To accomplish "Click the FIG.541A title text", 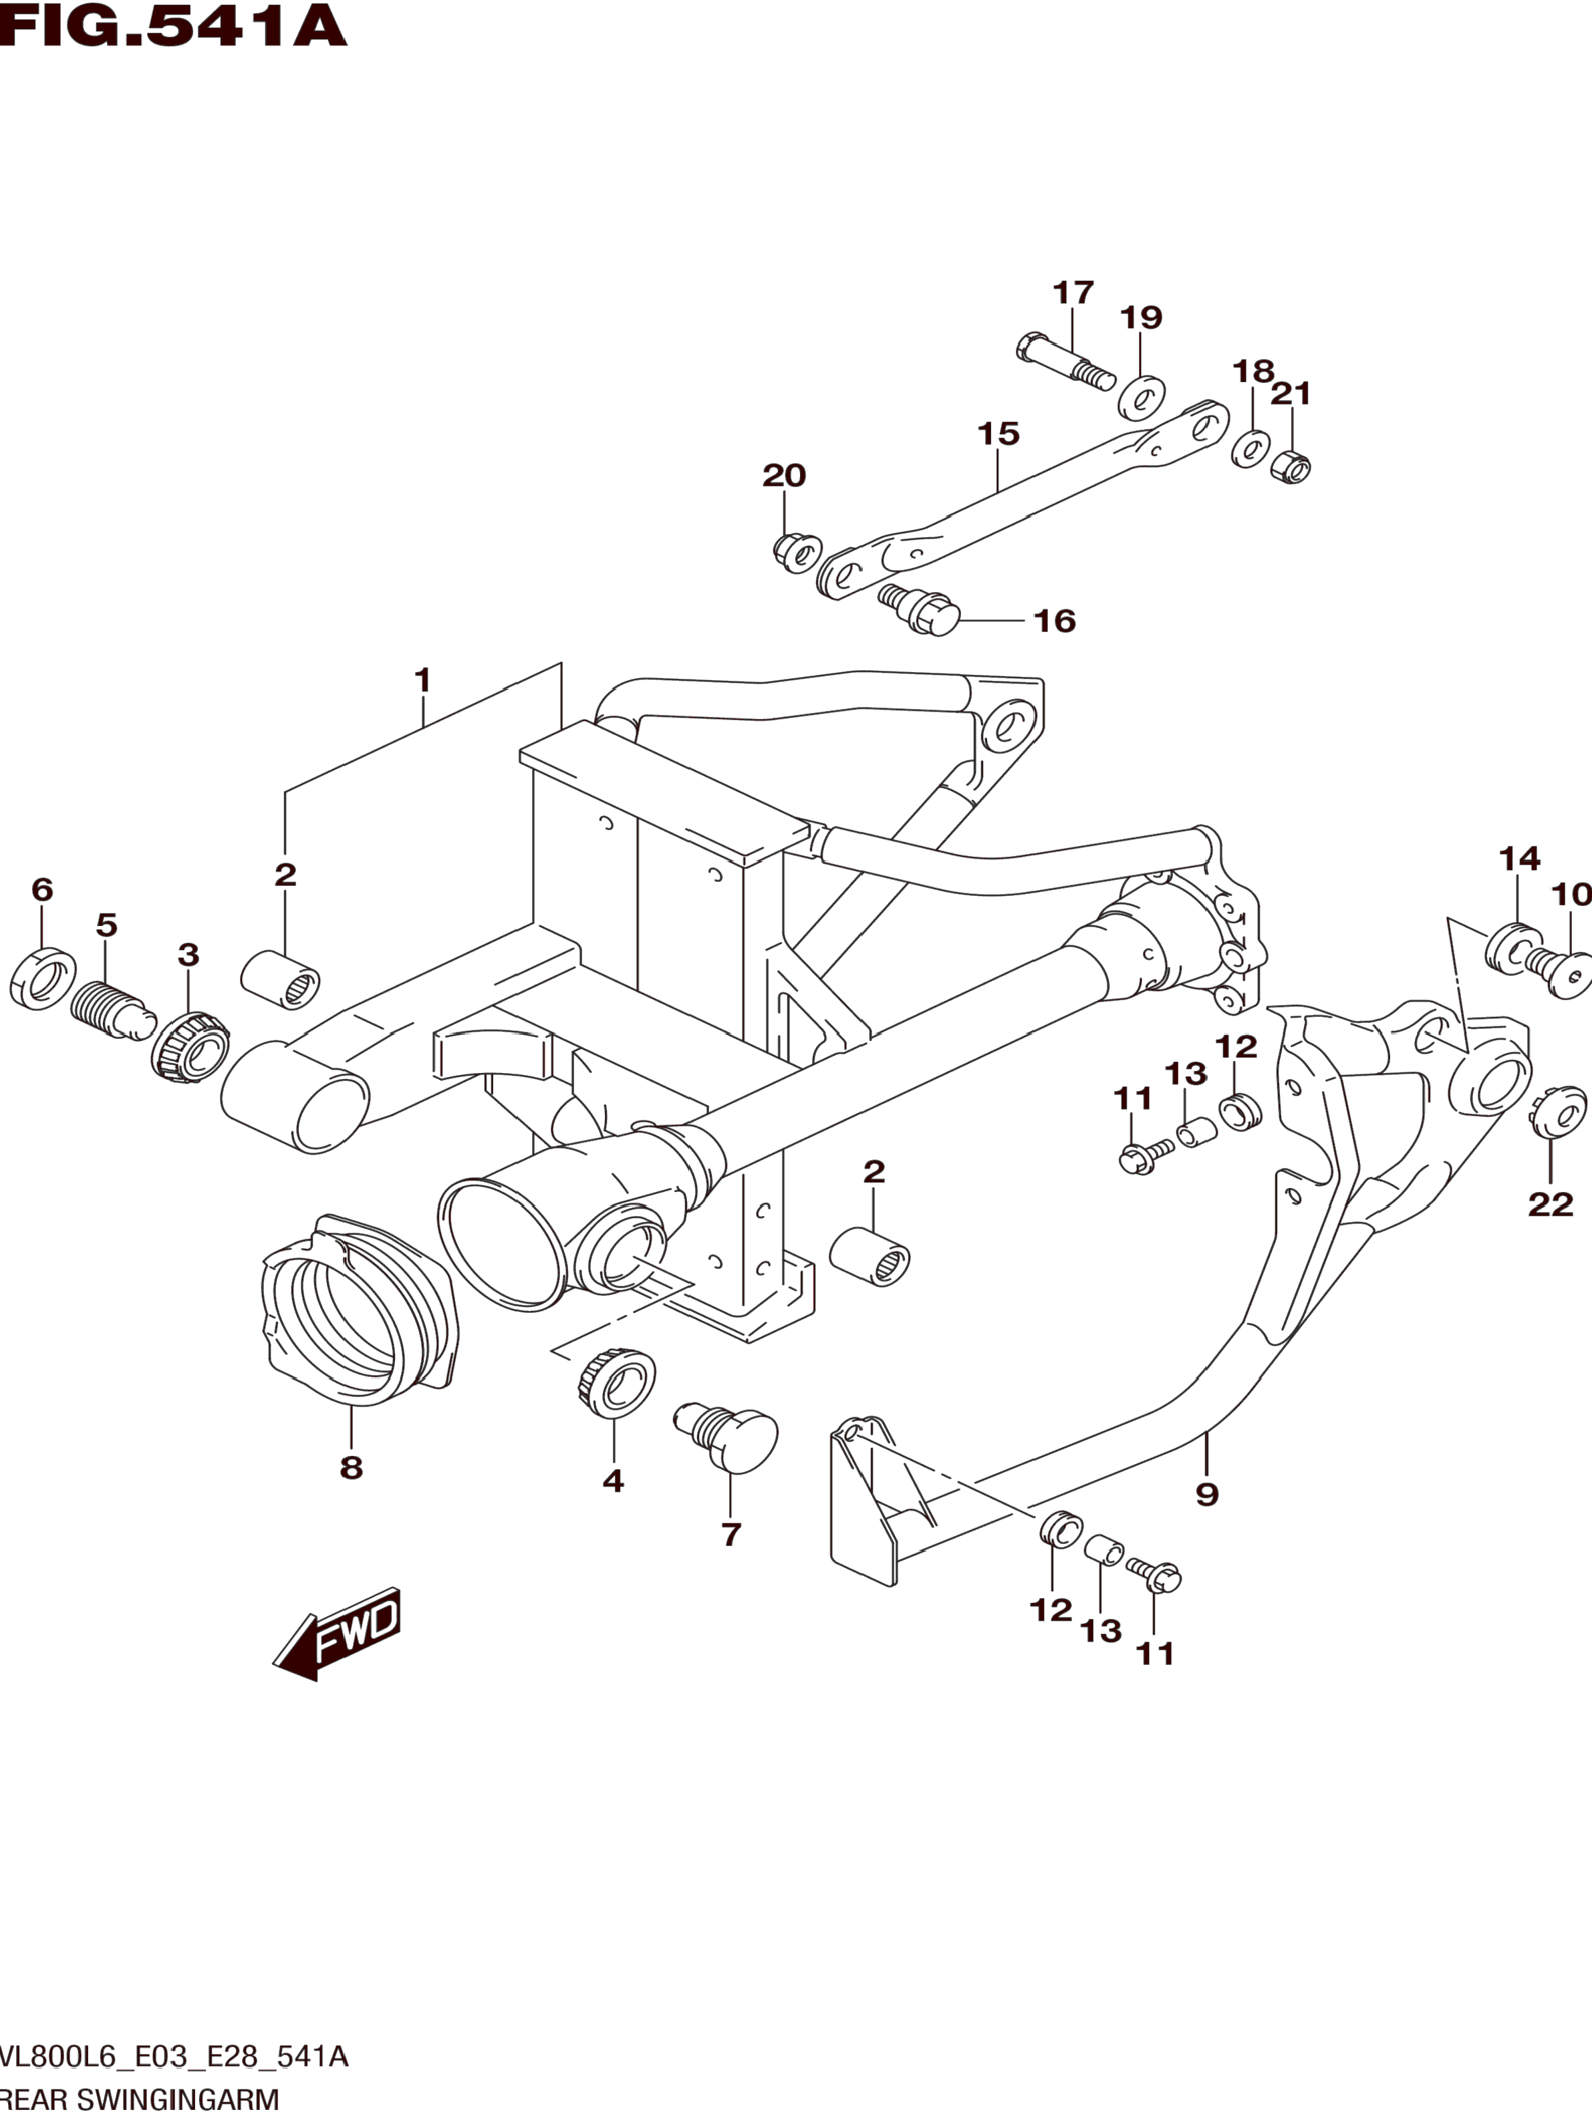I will pyautogui.click(x=173, y=27).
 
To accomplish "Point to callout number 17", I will pyautogui.click(x=1073, y=293).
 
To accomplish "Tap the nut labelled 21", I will pyautogui.click(x=1291, y=466).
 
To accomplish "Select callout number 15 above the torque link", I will pyautogui.click(x=998, y=434).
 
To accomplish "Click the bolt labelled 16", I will pyautogui.click(x=920, y=609).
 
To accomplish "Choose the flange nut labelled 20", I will pyautogui.click(x=796, y=552).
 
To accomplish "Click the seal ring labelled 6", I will pyautogui.click(x=43, y=979).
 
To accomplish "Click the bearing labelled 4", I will pyautogui.click(x=616, y=1383).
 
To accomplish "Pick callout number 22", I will pyautogui.click(x=1550, y=1205).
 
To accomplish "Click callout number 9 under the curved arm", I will pyautogui.click(x=1206, y=1494).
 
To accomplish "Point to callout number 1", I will pyautogui.click(x=422, y=681).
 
